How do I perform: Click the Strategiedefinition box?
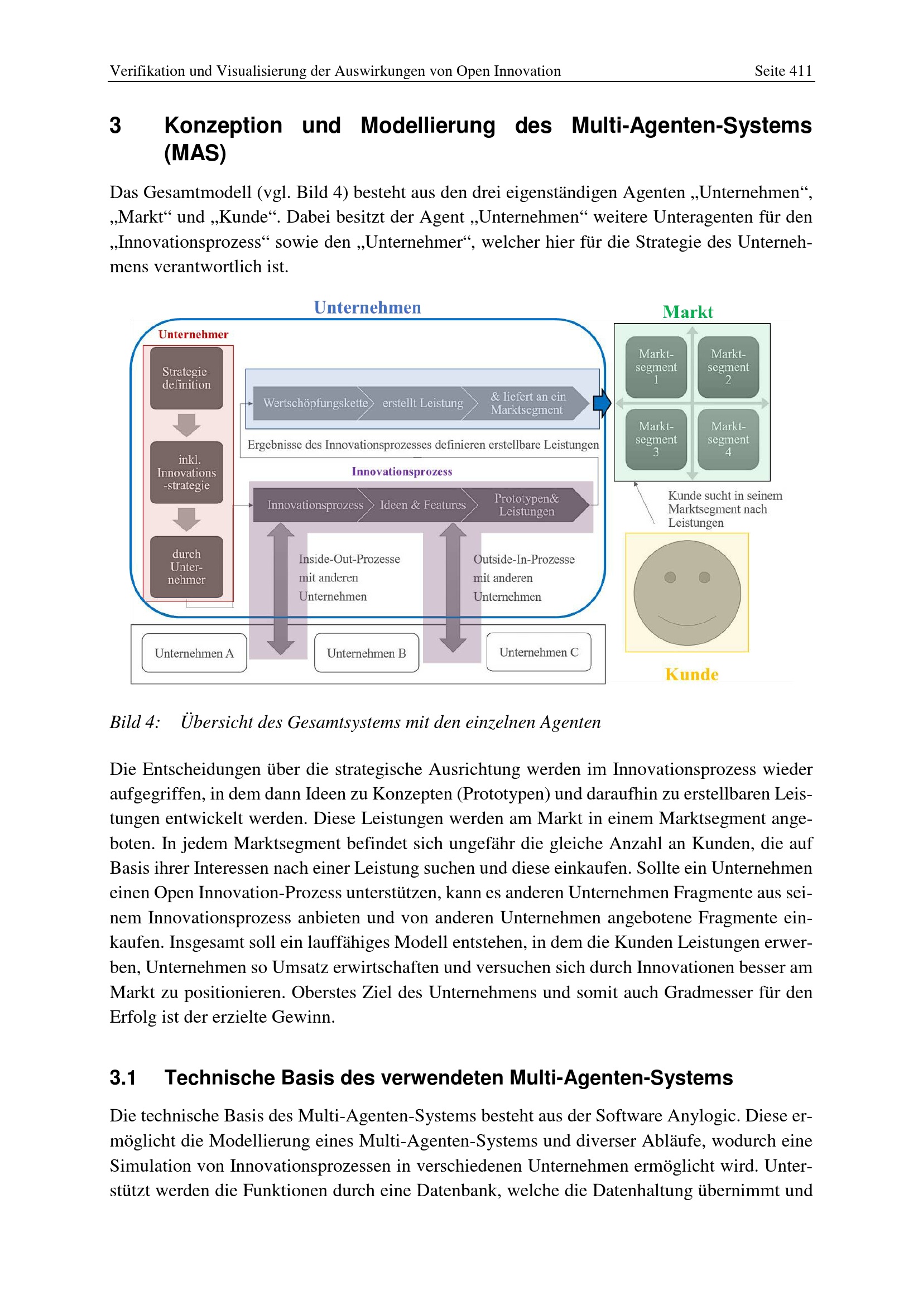tap(186, 378)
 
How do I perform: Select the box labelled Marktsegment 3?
tap(656, 439)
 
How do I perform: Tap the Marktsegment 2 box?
tap(728, 367)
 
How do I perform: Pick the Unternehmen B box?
tap(367, 653)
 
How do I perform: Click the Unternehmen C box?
tap(539, 652)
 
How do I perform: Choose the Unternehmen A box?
tap(194, 653)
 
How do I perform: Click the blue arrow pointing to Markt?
tap(602, 403)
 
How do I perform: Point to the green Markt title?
tap(688, 312)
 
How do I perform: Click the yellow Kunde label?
tap(691, 675)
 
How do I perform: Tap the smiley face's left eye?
tap(670, 577)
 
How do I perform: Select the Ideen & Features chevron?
tap(422, 505)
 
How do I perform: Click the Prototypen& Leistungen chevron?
tap(527, 505)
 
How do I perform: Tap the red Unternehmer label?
tap(193, 334)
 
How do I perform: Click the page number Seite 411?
tap(782, 71)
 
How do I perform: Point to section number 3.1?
tap(123, 1078)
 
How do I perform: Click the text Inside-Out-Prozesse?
tap(349, 559)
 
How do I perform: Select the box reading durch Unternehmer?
tap(186, 567)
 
